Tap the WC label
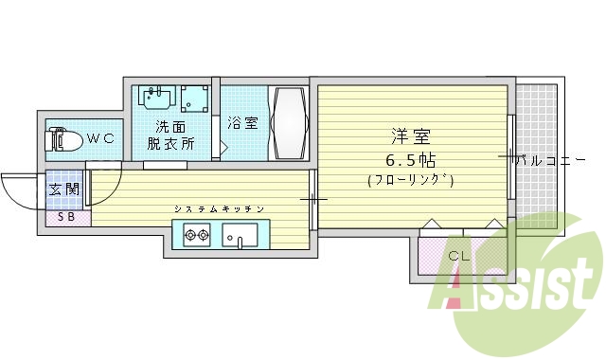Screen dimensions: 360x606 coord(100,138)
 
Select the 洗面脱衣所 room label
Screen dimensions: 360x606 coord(170,135)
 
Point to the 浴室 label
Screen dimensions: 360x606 coord(242,122)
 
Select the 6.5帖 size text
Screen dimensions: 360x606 coord(410,158)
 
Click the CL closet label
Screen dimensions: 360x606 coord(458,255)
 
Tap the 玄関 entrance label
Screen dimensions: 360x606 coord(65,189)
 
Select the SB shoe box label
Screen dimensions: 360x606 coord(66,218)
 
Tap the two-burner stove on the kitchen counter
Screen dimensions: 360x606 coord(197,234)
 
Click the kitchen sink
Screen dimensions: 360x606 coord(244,234)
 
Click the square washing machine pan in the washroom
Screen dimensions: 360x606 coord(196,98)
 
